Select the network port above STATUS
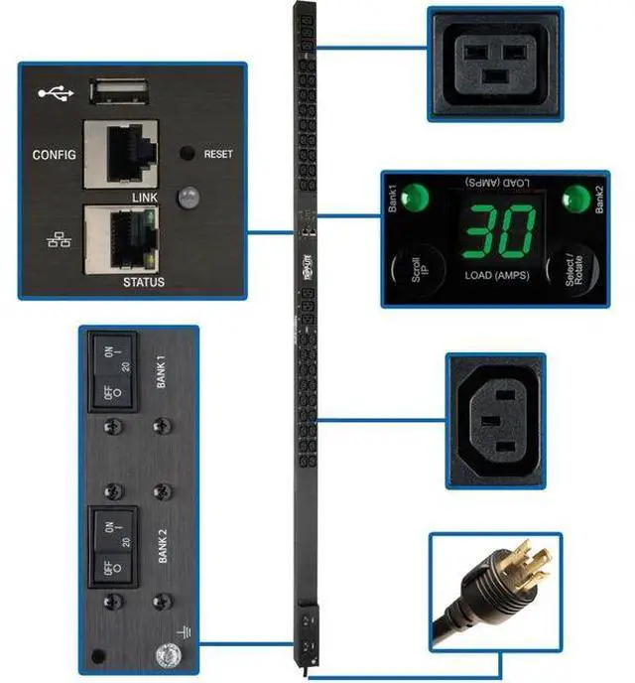[120, 239]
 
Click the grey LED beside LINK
[186, 199]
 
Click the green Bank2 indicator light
[573, 196]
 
